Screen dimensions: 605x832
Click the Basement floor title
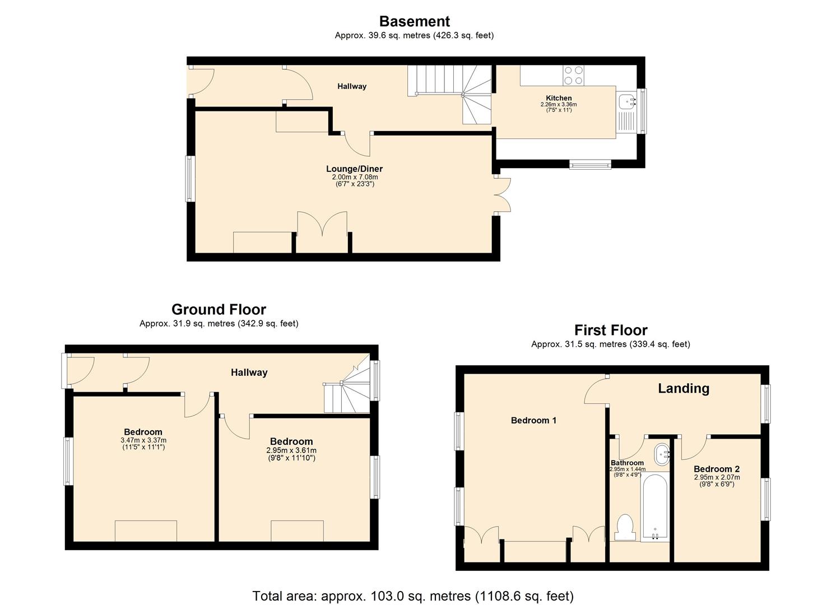[x=414, y=21]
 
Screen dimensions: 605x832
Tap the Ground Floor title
[x=219, y=309]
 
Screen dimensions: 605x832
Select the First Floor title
[x=611, y=330]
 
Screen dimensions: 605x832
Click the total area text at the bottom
[x=413, y=595]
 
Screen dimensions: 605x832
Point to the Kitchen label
[x=559, y=98]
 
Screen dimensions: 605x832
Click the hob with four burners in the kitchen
[x=573, y=76]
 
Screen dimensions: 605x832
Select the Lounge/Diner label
[x=354, y=169]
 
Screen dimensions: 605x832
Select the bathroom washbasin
[x=662, y=454]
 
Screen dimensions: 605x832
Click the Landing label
[x=683, y=388]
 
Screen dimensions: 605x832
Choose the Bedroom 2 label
[x=717, y=469]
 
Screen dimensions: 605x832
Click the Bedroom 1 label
[x=533, y=420]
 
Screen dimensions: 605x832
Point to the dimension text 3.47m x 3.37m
[x=143, y=440]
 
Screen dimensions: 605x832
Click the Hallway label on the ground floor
[x=249, y=373]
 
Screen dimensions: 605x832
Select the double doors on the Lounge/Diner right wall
[x=503, y=195]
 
